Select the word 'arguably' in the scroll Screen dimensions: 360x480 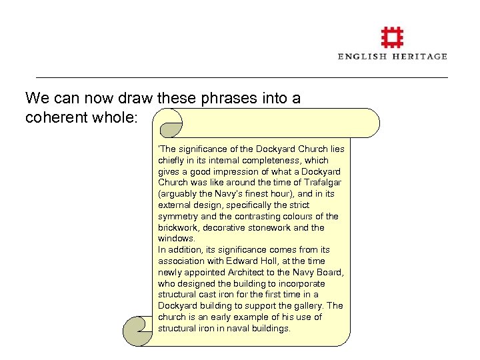[x=178, y=194]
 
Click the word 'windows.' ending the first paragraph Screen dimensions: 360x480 [x=177, y=239]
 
